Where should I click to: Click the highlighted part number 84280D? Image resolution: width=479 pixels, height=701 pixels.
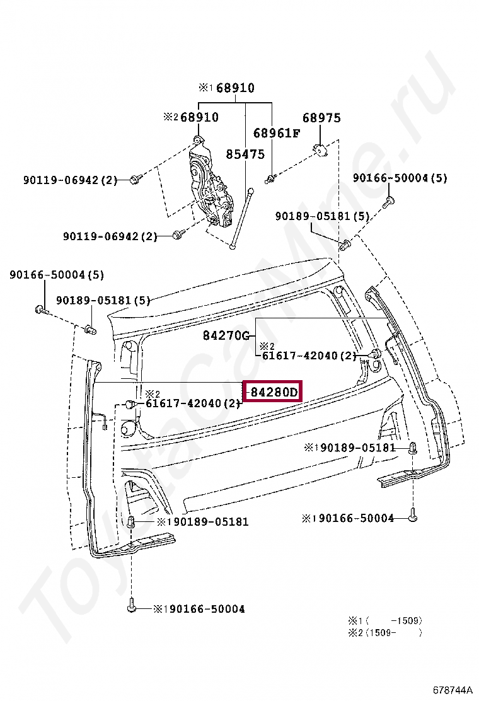[274, 392]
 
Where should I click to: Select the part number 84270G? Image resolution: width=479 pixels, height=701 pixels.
[226, 335]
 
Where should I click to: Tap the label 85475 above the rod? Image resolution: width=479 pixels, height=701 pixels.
[245, 154]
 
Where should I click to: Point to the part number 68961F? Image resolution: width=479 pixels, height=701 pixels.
[277, 133]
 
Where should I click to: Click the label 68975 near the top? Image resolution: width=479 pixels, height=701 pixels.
[321, 118]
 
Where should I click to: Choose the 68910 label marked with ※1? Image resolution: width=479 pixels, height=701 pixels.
[226, 88]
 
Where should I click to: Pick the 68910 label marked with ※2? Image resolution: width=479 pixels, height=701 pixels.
[191, 117]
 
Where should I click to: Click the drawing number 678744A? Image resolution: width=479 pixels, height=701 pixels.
[452, 690]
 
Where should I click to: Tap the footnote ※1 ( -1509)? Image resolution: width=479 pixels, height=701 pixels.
[384, 620]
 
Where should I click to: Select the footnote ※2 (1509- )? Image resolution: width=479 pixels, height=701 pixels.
[384, 632]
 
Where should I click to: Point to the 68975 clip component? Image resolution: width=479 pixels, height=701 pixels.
[321, 150]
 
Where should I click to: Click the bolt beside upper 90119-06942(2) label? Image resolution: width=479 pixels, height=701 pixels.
[136, 179]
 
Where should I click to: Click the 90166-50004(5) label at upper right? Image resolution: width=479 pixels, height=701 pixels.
[400, 178]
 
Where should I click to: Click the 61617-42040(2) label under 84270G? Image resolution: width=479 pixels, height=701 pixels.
[309, 356]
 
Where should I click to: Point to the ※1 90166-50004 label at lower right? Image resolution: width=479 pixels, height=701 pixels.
[348, 518]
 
